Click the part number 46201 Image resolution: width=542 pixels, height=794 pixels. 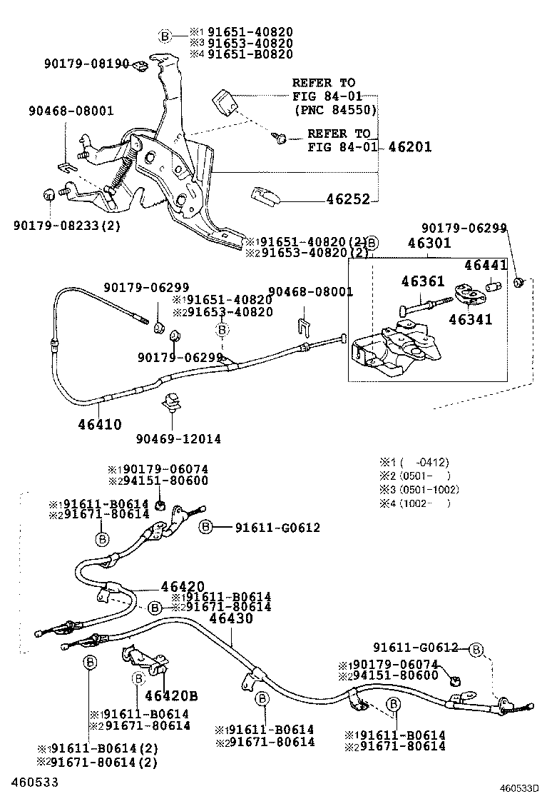[x=410, y=148]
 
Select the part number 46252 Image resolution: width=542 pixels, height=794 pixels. [x=348, y=199]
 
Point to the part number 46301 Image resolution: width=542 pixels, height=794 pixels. [x=429, y=243]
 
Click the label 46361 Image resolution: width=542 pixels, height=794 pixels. [x=422, y=282]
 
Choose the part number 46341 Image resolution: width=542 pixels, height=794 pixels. [x=470, y=320]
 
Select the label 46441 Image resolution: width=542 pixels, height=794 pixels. [x=485, y=265]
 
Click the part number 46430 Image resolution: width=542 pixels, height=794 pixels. [x=230, y=618]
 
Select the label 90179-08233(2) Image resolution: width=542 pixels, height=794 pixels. [x=57, y=225]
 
